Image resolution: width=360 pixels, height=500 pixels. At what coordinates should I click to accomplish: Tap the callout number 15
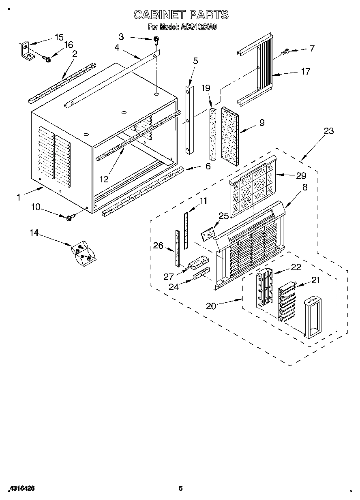[x=59, y=37]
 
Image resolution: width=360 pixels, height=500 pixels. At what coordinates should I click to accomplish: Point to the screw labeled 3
[x=156, y=40]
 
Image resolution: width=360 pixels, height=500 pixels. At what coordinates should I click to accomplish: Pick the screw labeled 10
[x=69, y=218]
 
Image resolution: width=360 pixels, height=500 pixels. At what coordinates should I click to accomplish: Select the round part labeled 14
[x=84, y=254]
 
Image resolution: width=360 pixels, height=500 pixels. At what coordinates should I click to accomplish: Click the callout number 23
[x=329, y=131]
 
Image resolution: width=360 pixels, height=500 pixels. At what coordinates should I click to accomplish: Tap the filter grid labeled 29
[x=252, y=188]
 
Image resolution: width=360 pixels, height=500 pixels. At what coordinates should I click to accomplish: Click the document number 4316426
[x=21, y=488]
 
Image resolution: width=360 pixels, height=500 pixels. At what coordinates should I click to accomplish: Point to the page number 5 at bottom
[x=181, y=488]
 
